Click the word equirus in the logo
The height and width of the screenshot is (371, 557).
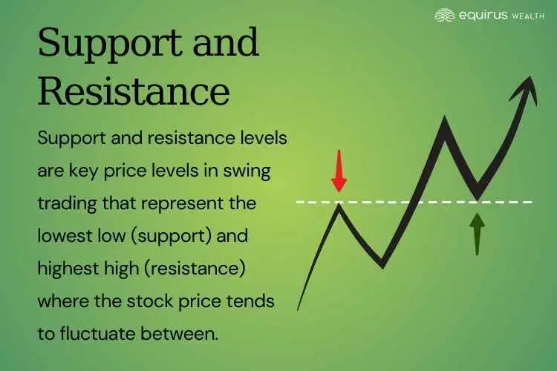(481, 15)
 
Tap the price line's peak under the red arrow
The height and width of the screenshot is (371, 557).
(339, 205)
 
